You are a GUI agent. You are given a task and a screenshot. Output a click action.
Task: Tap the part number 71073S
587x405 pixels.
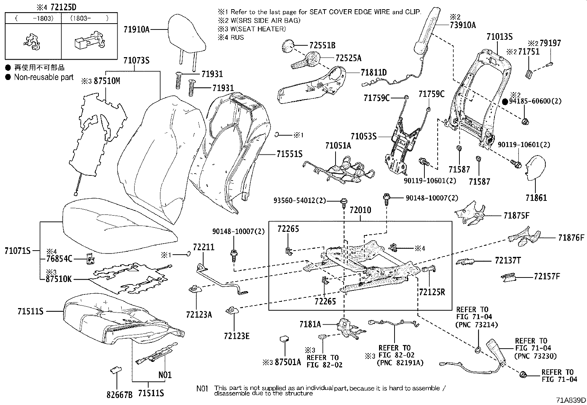136,60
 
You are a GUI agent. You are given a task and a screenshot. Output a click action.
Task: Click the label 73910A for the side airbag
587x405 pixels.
463,25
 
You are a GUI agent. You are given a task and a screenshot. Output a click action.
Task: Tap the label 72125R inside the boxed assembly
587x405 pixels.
432,292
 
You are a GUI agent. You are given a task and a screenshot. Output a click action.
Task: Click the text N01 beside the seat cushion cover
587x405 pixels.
165,376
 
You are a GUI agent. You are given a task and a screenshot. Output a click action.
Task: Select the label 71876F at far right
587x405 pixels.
571,238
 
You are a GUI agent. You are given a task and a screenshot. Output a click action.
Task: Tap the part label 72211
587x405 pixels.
204,247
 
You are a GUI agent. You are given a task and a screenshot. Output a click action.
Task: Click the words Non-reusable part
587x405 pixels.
44,77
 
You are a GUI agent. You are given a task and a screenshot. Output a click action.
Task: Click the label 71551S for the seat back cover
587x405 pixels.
289,154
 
